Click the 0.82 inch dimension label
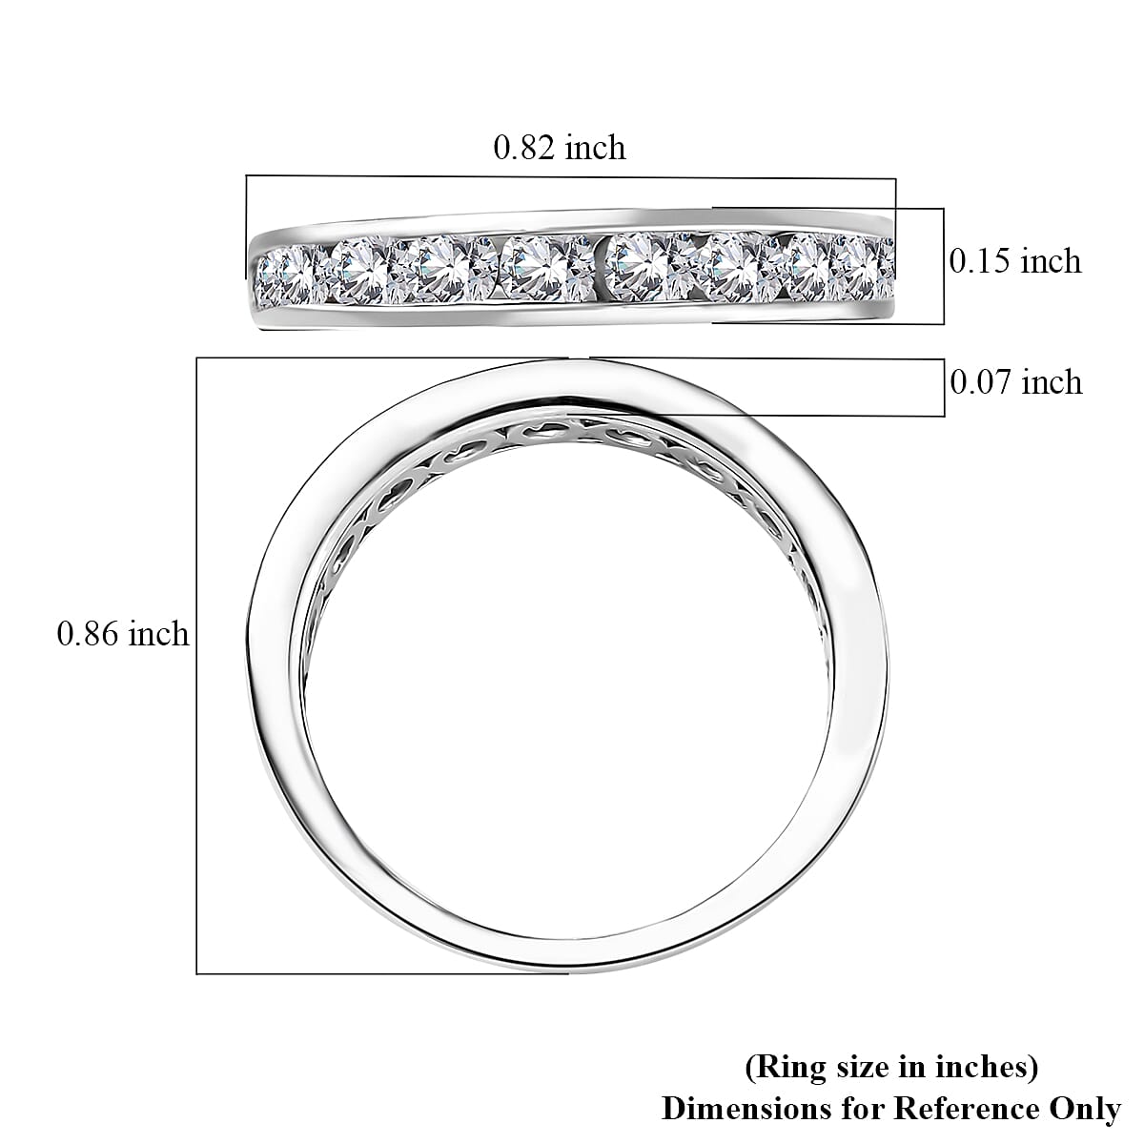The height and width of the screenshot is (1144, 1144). click(x=559, y=148)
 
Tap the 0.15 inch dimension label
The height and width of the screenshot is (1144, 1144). click(x=1015, y=261)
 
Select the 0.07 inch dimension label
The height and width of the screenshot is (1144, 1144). click(x=1016, y=382)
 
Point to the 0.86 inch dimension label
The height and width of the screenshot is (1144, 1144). click(x=123, y=634)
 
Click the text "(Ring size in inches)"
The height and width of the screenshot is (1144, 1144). click(x=890, y=1067)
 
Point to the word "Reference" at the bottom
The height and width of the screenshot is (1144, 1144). click(x=959, y=1109)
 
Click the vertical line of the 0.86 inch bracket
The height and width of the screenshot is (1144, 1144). click(x=196, y=667)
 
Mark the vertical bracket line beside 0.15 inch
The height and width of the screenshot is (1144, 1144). click(x=944, y=267)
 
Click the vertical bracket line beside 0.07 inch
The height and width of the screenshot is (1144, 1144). click(x=944, y=388)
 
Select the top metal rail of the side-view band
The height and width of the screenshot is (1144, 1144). click(x=572, y=222)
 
